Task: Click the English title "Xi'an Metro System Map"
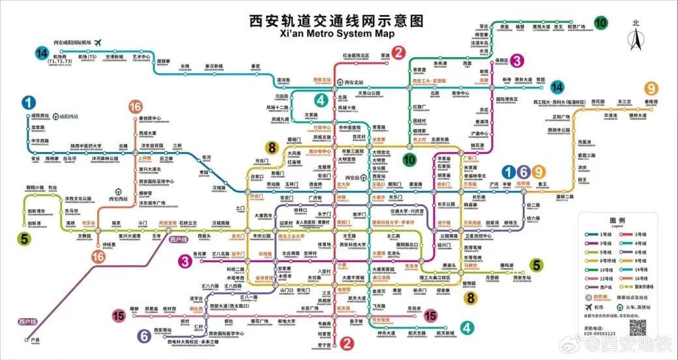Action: pos(338,33)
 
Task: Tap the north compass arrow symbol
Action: pos(636,40)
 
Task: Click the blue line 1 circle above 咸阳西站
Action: pos(28,102)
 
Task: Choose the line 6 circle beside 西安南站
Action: pos(144,336)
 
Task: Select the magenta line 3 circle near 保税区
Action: pos(516,61)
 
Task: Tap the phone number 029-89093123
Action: pos(603,333)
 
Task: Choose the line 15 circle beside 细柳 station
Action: pos(118,316)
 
